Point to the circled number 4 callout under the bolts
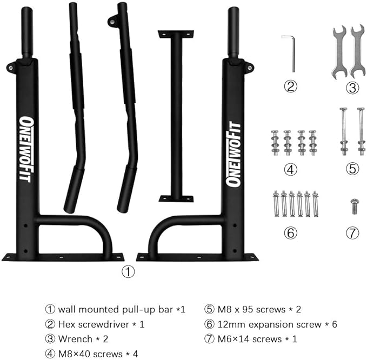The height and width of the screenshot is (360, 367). pos(291,169)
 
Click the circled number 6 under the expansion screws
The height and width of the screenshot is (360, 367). pos(291,233)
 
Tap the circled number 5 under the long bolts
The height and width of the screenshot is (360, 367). pos(352,169)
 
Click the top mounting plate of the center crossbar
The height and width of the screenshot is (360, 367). pos(176,34)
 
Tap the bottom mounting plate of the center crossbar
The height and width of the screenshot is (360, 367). pos(176,198)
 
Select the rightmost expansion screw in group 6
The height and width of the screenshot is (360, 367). pos(315,204)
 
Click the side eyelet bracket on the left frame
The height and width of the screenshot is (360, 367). pos(11,68)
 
